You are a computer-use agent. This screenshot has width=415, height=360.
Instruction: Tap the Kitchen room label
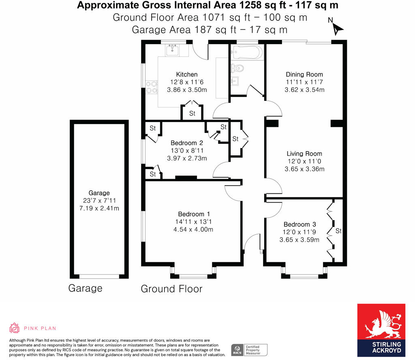coord(187,74)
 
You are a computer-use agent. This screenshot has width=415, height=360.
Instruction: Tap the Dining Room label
coord(304,74)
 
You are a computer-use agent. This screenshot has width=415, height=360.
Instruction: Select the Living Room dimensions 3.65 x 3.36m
coord(304,169)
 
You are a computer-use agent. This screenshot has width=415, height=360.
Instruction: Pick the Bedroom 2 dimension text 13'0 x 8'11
coord(187,150)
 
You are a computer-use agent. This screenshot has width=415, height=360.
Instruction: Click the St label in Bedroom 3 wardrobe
coord(338,231)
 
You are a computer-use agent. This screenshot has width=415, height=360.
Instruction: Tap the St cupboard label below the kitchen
coord(192,114)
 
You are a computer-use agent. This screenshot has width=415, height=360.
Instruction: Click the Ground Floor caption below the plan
coord(171,289)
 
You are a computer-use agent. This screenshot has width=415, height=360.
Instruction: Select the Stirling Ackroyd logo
coord(381,330)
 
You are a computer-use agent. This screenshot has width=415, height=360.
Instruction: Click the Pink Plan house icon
coord(15,328)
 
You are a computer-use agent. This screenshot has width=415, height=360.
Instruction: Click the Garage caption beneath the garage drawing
coord(85,288)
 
